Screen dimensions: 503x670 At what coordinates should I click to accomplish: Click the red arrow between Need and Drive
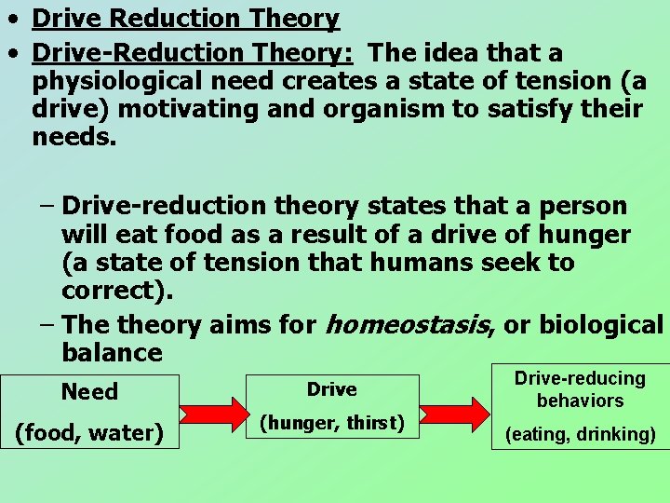(x=211, y=411)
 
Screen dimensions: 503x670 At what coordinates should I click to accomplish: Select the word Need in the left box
(x=89, y=392)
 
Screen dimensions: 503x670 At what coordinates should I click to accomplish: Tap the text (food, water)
(x=89, y=433)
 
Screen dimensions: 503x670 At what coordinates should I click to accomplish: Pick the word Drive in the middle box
(x=331, y=389)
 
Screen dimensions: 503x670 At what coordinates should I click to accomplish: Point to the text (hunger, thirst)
(x=331, y=423)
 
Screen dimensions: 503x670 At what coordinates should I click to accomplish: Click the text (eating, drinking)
(x=580, y=434)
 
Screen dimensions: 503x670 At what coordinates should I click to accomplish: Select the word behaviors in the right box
(x=580, y=401)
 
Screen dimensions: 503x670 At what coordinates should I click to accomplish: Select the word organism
(x=387, y=109)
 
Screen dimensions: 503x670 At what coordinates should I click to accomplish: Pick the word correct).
(x=117, y=290)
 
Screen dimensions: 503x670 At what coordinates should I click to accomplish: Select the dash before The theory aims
(x=47, y=325)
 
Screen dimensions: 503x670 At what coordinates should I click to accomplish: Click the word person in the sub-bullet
(x=582, y=206)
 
